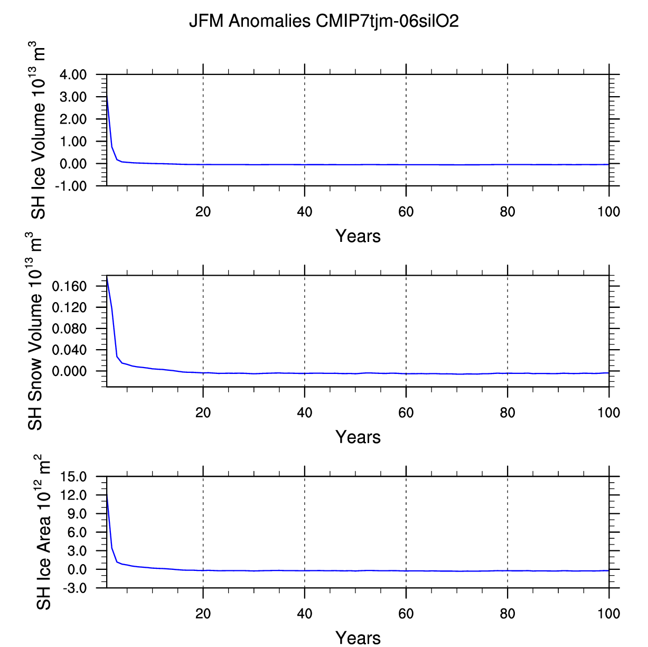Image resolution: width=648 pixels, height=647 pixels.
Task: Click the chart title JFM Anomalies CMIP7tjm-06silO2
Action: tap(324, 21)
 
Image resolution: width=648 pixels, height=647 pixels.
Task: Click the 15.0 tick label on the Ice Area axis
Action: tap(77, 477)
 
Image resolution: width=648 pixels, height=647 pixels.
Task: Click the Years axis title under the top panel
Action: tap(358, 236)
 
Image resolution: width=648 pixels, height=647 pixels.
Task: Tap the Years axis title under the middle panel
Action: tap(358, 437)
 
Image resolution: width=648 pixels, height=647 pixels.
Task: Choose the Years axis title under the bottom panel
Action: tap(358, 637)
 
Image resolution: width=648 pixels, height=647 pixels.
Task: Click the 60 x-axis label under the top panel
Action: tap(406, 212)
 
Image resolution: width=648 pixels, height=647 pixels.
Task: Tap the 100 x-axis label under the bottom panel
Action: tap(608, 614)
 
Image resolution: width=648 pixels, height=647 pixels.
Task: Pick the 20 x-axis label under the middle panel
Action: tap(203, 413)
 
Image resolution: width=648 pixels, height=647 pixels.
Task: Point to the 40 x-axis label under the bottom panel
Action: tap(304, 614)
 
